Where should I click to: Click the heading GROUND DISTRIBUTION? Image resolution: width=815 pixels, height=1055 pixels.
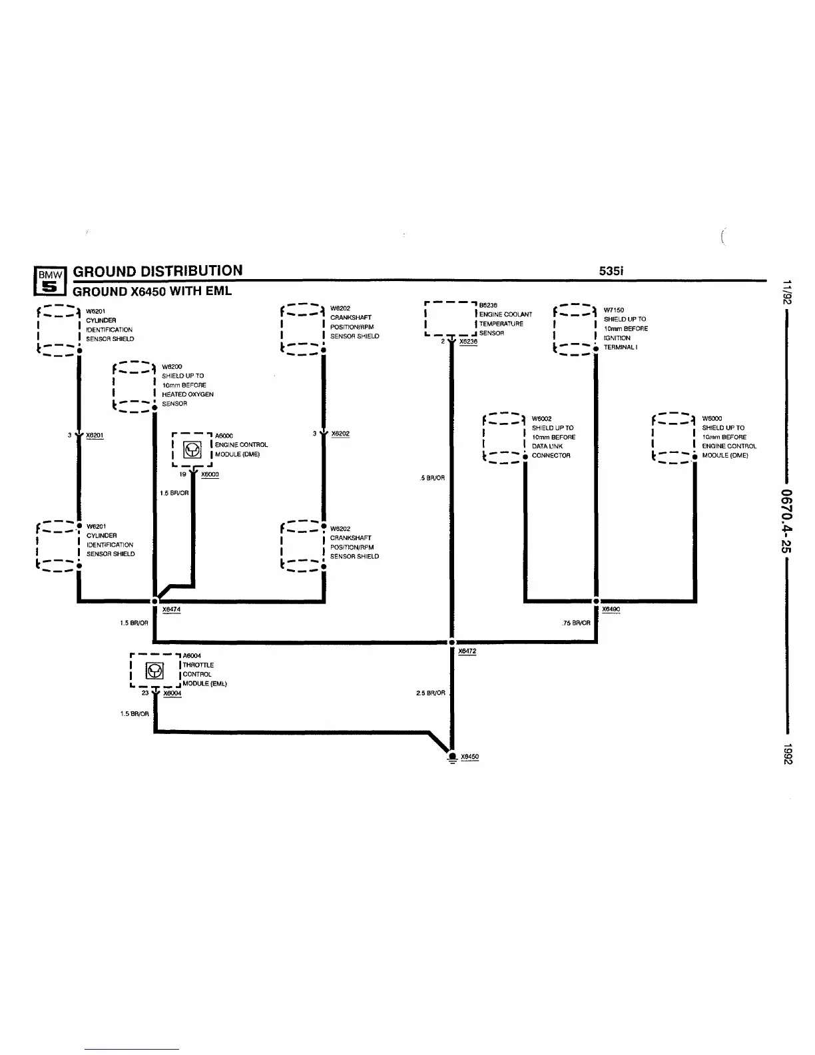pyautogui.click(x=158, y=270)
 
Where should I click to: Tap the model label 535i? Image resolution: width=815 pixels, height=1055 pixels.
pyautogui.click(x=611, y=270)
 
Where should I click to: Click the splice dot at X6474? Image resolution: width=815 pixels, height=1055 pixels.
pyautogui.click(x=154, y=601)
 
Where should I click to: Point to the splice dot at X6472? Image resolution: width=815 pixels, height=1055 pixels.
pyautogui.click(x=451, y=642)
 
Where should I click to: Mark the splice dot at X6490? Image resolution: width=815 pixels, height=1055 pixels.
pyautogui.click(x=596, y=601)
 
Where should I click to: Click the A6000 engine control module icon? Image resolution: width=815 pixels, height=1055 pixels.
pyautogui.click(x=192, y=450)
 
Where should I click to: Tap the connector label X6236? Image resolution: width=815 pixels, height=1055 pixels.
pyautogui.click(x=468, y=342)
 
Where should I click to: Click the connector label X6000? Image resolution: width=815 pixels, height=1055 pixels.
pyautogui.click(x=210, y=475)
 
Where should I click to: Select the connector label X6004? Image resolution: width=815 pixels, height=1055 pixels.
pyautogui.click(x=172, y=693)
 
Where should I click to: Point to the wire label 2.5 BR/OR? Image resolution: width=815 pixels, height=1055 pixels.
pyautogui.click(x=431, y=693)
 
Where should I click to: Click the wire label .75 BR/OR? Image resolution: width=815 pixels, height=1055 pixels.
pyautogui.click(x=576, y=623)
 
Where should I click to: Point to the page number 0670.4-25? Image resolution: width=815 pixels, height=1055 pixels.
pyautogui.click(x=787, y=520)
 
